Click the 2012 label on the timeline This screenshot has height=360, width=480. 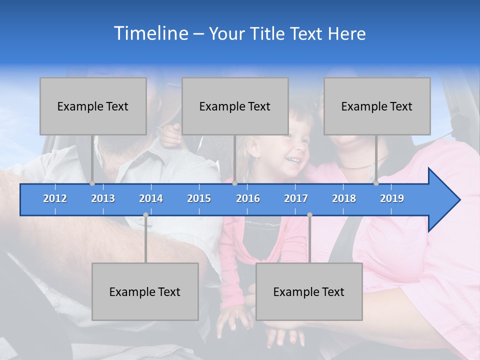(55, 198)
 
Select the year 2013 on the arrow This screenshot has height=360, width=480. (103, 198)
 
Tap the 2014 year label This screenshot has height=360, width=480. (151, 198)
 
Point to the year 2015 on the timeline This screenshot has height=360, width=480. (199, 198)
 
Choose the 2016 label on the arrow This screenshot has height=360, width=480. (248, 198)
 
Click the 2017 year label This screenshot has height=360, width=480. (296, 198)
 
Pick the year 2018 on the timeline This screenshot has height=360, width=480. (344, 198)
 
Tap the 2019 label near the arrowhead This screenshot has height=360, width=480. (392, 198)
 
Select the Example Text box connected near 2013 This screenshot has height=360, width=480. (93, 106)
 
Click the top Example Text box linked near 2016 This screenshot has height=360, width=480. (235, 106)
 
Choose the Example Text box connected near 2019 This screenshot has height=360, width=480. (377, 106)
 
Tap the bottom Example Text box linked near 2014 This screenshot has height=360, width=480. (145, 291)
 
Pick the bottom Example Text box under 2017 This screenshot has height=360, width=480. (309, 291)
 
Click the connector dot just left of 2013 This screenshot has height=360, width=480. (92, 183)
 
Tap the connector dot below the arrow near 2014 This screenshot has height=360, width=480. (145, 215)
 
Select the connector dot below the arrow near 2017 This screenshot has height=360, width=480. (309, 215)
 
